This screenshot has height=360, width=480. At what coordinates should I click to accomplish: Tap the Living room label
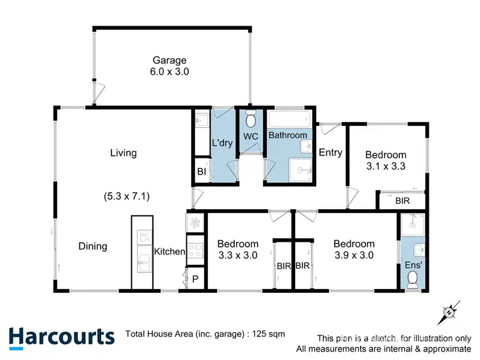124,153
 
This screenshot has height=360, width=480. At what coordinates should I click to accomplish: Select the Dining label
93,246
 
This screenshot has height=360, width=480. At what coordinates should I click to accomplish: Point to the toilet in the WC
250,119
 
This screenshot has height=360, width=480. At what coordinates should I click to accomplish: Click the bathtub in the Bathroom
288,119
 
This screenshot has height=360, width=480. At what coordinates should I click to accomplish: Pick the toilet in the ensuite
413,277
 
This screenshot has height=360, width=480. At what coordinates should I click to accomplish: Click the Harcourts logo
61,337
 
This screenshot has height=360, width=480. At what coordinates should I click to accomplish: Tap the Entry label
330,153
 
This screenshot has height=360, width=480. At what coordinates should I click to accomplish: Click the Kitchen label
170,252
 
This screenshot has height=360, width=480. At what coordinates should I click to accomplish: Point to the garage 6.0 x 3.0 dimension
170,72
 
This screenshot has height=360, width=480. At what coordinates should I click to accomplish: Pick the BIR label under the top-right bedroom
403,201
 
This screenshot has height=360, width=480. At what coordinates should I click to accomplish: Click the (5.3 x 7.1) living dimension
127,196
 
